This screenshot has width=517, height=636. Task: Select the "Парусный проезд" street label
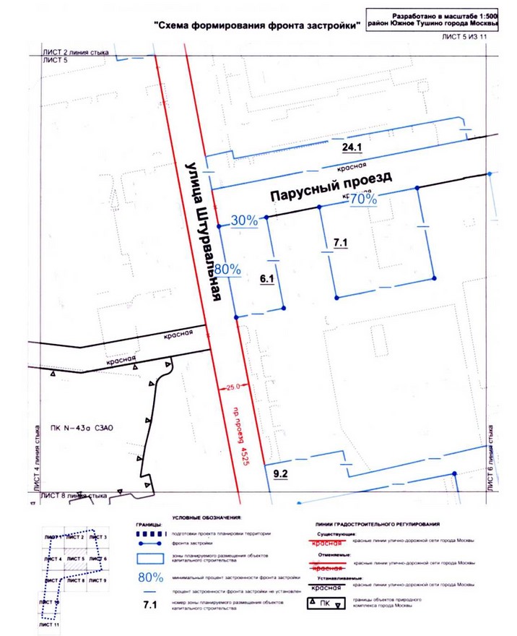tap(330, 186)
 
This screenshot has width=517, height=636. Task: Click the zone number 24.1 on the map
tap(352, 147)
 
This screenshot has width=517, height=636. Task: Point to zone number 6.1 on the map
tap(268, 278)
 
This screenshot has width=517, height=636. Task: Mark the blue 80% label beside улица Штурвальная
tap(227, 269)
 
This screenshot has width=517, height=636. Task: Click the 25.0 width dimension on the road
tap(232, 387)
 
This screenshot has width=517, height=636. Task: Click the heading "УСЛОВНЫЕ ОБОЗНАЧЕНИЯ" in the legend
tap(207, 519)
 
